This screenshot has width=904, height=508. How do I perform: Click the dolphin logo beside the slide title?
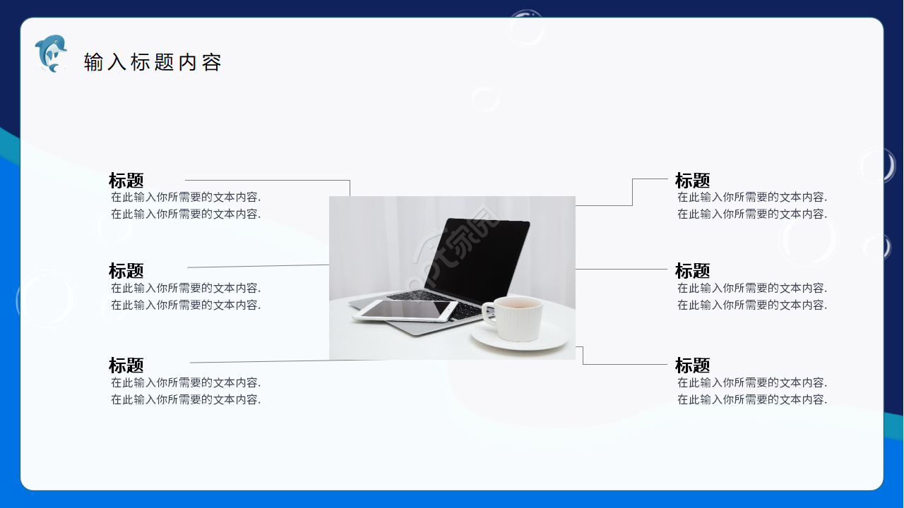click(50, 54)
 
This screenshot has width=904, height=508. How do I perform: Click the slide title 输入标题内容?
click(153, 62)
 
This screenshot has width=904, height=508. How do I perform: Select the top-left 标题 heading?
click(126, 181)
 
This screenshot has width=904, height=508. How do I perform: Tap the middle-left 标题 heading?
click(126, 271)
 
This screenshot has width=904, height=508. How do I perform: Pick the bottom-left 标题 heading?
click(126, 365)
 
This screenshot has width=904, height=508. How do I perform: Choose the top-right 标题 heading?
click(692, 181)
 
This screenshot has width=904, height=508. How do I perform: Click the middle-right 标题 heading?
click(692, 271)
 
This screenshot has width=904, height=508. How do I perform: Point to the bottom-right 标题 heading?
click(692, 365)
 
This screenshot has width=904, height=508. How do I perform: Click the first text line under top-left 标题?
click(186, 198)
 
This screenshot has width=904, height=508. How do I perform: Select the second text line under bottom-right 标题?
click(752, 400)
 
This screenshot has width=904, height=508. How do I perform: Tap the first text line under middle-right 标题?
click(752, 289)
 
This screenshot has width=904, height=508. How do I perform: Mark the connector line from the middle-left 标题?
click(258, 267)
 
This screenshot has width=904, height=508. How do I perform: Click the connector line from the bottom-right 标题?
click(625, 365)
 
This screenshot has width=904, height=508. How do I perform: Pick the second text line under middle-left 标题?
click(186, 306)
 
